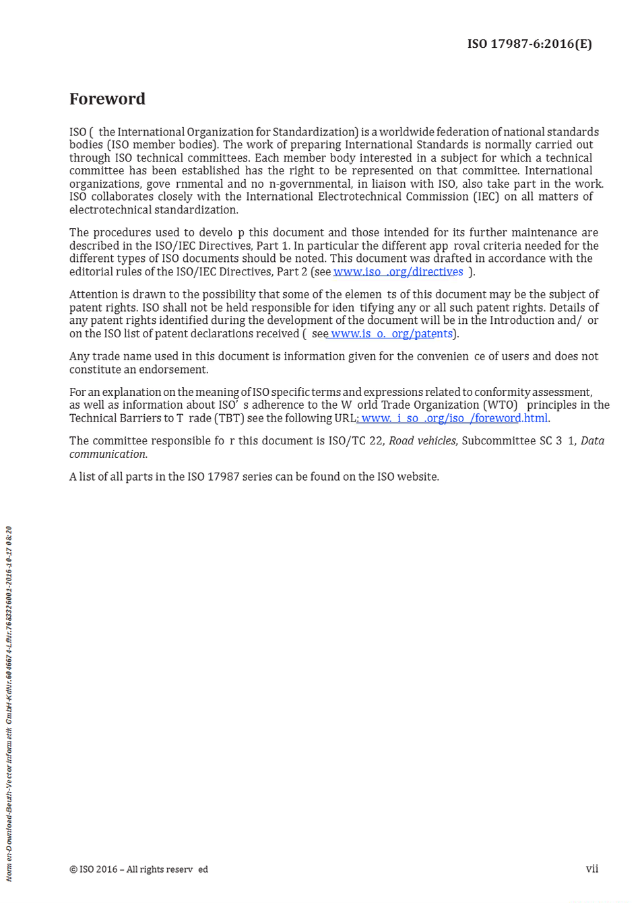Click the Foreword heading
coord(107,99)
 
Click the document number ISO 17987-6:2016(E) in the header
coord(530,44)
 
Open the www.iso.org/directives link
coord(398,272)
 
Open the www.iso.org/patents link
coord(391,334)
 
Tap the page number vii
coord(591,869)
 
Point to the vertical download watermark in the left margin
coord(9,703)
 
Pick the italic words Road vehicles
coord(422,441)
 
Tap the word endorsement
coord(173,370)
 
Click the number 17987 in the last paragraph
coord(223,477)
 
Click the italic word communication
coord(108,455)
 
